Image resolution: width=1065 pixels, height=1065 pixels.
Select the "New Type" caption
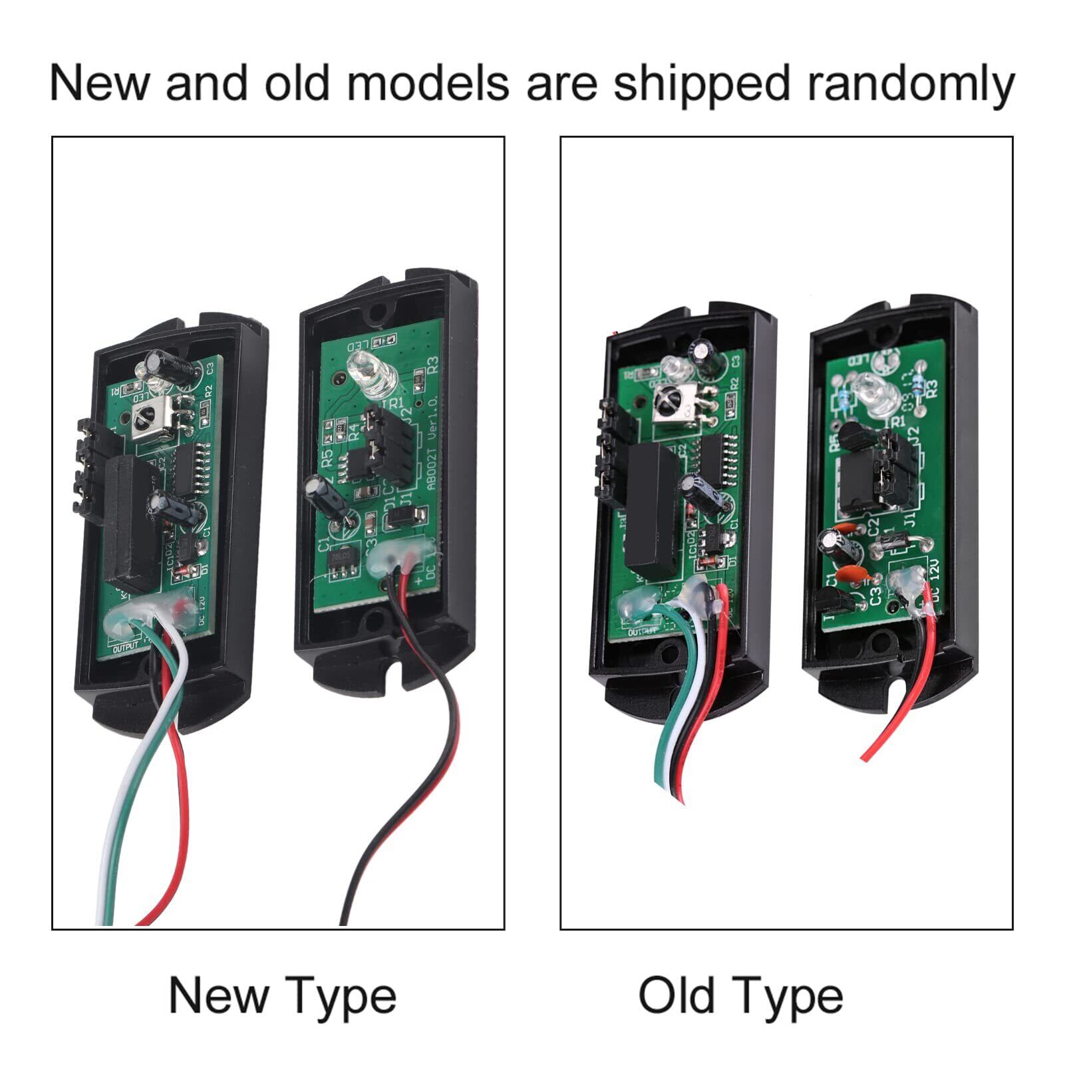pos(283,995)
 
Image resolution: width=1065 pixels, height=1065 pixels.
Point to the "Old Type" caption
pos(740,995)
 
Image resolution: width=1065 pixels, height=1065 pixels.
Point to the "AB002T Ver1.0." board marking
pos(426,459)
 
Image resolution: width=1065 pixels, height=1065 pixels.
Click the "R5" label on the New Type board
pos(327,458)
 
